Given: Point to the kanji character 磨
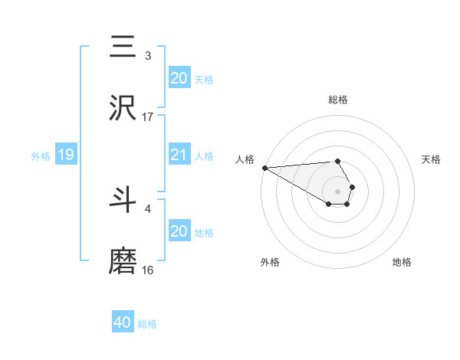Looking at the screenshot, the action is click(x=123, y=261).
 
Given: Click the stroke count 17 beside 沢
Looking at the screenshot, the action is click(x=148, y=116).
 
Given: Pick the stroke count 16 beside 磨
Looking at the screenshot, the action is click(x=148, y=270).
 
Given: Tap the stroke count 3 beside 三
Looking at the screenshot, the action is click(x=148, y=55).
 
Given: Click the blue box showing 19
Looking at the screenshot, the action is click(x=65, y=155).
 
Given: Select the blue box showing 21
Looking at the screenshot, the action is click(x=179, y=155).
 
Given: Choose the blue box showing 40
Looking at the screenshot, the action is click(x=123, y=322).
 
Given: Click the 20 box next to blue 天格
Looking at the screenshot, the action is click(x=179, y=78).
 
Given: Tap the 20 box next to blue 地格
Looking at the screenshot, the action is click(x=179, y=231).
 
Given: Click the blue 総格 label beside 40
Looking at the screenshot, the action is click(x=147, y=324).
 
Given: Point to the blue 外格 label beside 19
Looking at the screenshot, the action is click(x=41, y=156).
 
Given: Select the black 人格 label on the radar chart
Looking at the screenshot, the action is click(x=245, y=159).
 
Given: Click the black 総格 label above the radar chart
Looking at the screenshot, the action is click(x=337, y=100).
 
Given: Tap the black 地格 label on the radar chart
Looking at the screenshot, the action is click(x=402, y=262).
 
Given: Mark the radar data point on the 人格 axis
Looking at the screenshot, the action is click(x=264, y=168).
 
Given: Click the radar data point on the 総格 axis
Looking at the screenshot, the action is click(x=337, y=161).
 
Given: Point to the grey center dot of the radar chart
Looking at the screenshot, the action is click(x=337, y=191).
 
